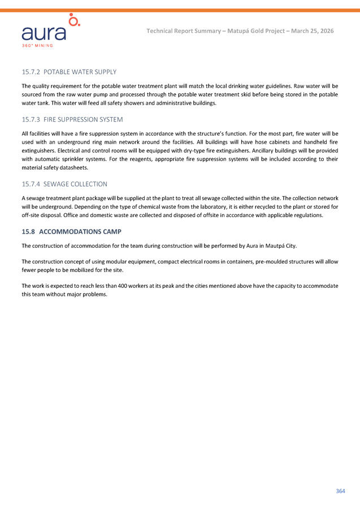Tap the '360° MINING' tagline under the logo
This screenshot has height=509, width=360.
coord(38,45)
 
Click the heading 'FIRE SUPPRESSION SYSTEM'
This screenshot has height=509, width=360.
coord(83,119)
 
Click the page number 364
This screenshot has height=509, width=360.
coord(340,491)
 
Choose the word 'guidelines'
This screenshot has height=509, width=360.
coord(274,86)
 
